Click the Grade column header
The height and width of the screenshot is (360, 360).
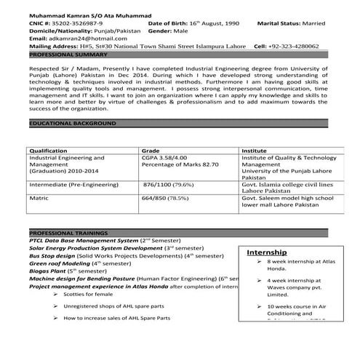pos(151,151)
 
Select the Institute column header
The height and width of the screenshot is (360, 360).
pos(254,151)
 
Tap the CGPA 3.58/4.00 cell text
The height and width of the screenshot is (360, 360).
pos(164,157)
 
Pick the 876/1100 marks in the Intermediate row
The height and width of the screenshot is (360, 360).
pos(158,185)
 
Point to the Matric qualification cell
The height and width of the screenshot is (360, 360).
pos(39,197)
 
